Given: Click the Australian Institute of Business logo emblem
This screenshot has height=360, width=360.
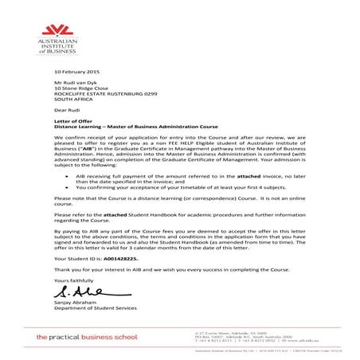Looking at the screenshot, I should (x=58, y=33).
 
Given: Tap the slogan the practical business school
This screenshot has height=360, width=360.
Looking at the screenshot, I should (x=93, y=339).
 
